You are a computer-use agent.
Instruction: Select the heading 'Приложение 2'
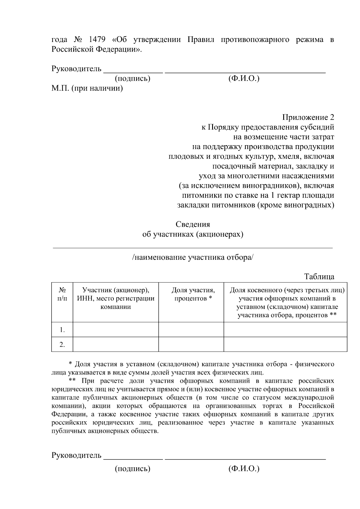point(308,117)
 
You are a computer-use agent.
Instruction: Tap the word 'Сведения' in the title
point(193,224)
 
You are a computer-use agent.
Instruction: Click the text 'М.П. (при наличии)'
point(87,88)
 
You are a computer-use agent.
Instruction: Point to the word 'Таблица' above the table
point(319,276)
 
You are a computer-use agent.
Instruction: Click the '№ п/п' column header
point(62,294)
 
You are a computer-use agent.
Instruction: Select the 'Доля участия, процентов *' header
point(193,294)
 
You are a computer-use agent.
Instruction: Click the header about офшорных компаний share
point(287,303)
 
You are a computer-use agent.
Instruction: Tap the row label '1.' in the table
point(62,330)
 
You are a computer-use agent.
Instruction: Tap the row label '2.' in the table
point(62,344)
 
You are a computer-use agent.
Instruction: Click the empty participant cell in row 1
point(115,330)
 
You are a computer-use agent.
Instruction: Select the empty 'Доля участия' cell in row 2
point(191,344)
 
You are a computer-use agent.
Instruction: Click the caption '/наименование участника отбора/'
point(193,258)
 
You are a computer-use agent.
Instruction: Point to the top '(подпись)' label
point(132,79)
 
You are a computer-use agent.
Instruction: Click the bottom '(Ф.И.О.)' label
point(244,469)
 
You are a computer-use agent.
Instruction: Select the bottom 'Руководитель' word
point(76,455)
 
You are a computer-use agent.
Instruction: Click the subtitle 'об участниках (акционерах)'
point(193,234)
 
